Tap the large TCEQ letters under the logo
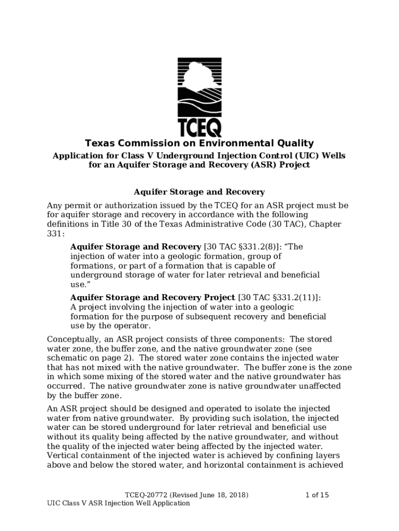(x=199, y=127)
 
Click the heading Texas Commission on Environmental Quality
(x=199, y=143)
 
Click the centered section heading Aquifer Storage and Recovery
(x=199, y=192)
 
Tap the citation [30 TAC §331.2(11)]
(x=279, y=298)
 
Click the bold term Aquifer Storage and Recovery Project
(x=153, y=298)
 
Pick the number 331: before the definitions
(x=55, y=233)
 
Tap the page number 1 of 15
(x=317, y=495)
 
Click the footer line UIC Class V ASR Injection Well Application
(x=118, y=504)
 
